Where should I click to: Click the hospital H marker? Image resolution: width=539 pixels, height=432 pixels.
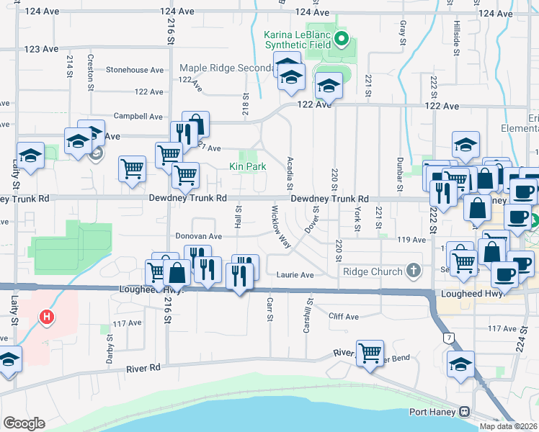[x=47, y=316]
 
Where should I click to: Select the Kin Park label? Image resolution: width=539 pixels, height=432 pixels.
[x=248, y=166]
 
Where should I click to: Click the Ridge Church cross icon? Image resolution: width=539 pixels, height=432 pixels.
[x=413, y=271]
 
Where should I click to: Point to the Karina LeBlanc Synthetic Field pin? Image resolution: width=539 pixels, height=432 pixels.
[x=342, y=38]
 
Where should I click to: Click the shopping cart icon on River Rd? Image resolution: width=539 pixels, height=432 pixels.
[x=370, y=353]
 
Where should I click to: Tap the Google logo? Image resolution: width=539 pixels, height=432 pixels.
[x=24, y=423]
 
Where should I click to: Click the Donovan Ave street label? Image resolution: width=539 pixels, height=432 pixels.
[x=199, y=236]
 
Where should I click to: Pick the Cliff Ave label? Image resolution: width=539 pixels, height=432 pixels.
[x=343, y=316]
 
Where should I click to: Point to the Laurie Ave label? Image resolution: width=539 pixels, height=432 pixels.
[x=295, y=274]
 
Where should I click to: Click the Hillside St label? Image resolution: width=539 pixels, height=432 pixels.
[x=457, y=35]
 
